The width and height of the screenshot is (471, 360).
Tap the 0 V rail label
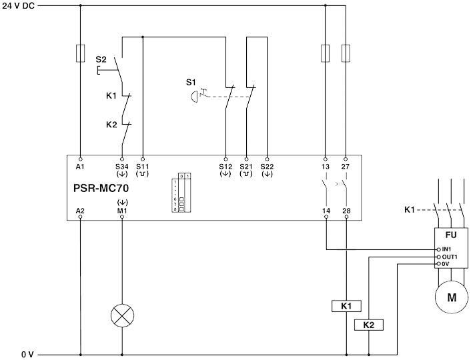point(27,354)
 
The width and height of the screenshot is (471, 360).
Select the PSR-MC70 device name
point(101,188)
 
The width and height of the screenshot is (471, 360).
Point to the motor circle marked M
point(452,297)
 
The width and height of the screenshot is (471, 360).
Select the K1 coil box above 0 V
point(346,306)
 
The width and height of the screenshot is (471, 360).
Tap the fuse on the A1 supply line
point(80,53)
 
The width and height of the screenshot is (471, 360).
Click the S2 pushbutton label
point(101,60)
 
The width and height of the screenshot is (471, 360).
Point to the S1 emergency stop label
point(191,82)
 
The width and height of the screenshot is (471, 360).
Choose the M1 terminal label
point(121,210)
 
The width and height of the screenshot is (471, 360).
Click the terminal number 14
point(326,210)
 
